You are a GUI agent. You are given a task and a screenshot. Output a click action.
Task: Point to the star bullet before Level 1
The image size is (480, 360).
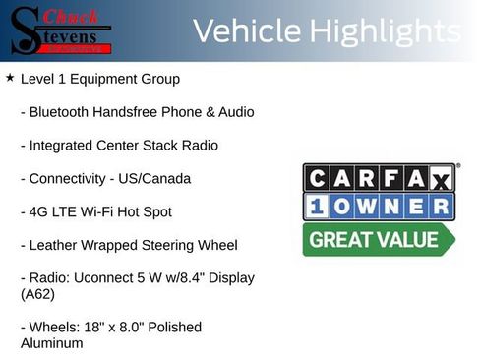[10, 77]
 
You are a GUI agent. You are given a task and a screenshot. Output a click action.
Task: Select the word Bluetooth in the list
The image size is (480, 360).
[61, 112]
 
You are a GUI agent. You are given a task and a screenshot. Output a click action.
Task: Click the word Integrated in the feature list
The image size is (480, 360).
[62, 146]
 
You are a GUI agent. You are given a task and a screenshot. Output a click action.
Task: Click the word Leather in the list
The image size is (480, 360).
[54, 245]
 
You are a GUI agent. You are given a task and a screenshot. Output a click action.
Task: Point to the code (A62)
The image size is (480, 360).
[37, 293]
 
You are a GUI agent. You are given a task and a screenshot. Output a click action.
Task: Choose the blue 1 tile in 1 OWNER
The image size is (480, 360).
[319, 207]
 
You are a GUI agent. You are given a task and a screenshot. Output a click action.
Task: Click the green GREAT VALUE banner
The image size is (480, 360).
[379, 239]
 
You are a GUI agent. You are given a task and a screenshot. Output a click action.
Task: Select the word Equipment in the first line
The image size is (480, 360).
[104, 79]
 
